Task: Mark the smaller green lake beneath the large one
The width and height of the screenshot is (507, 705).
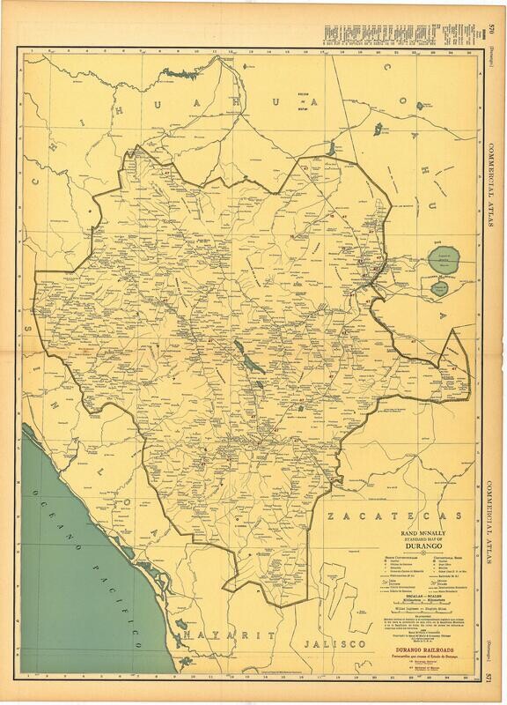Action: pyautogui.click(x=440, y=287)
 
